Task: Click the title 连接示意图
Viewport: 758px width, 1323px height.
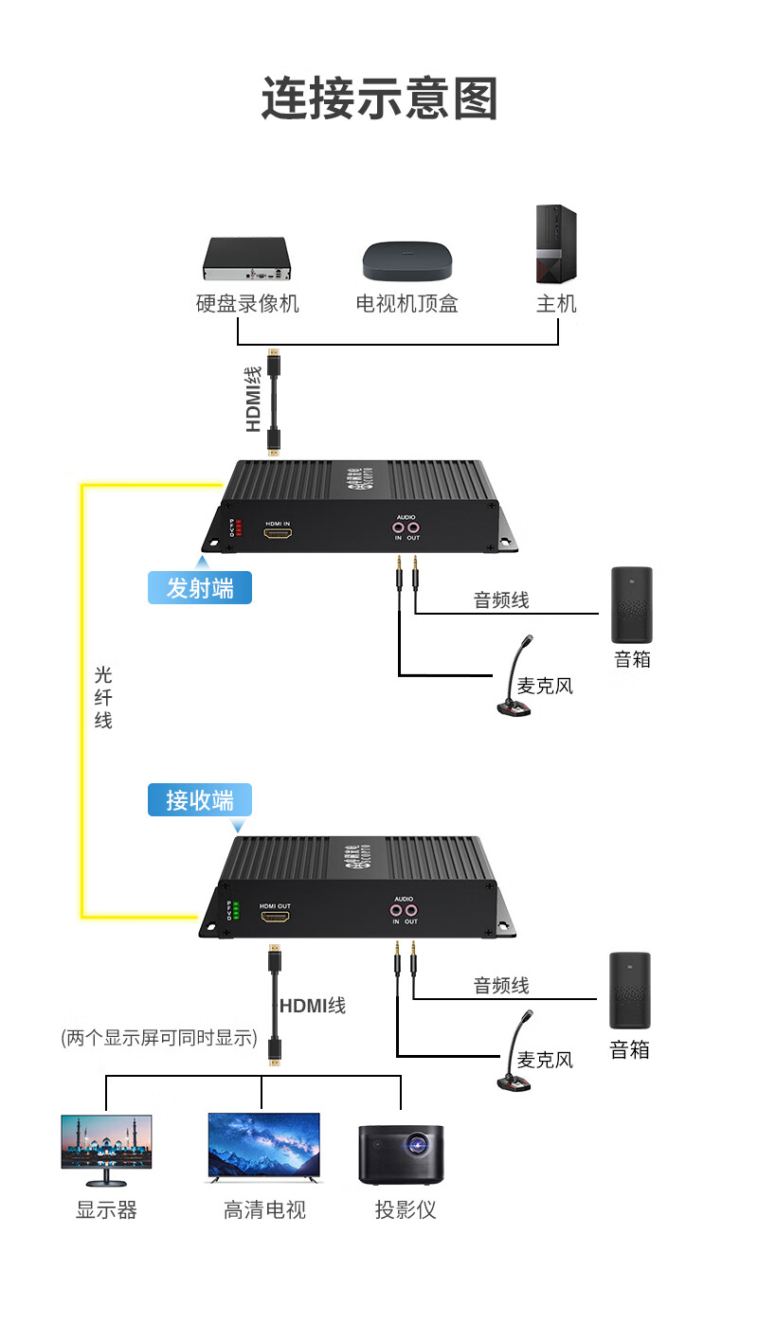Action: click(379, 98)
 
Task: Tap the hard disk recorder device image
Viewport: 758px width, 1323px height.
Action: click(244, 259)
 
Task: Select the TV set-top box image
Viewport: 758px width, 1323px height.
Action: click(407, 261)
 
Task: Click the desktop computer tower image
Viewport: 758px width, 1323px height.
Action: click(555, 244)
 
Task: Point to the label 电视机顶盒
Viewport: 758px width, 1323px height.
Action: click(407, 304)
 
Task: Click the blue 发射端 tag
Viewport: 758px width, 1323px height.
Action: click(200, 588)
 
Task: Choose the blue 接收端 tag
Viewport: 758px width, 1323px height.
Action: click(200, 800)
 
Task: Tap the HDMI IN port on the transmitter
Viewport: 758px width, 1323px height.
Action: click(278, 534)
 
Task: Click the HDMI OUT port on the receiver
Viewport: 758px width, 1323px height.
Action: click(277, 917)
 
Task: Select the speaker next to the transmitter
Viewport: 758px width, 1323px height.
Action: click(632, 605)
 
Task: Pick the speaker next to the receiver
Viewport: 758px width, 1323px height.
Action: click(630, 991)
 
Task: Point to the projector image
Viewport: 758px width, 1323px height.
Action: click(401, 1154)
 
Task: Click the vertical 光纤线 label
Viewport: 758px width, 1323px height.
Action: click(103, 698)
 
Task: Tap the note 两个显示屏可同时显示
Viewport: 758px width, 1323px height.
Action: click(159, 1038)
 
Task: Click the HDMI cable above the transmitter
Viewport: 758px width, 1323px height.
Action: click(275, 402)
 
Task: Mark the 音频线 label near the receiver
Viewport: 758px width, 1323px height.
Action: click(501, 986)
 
